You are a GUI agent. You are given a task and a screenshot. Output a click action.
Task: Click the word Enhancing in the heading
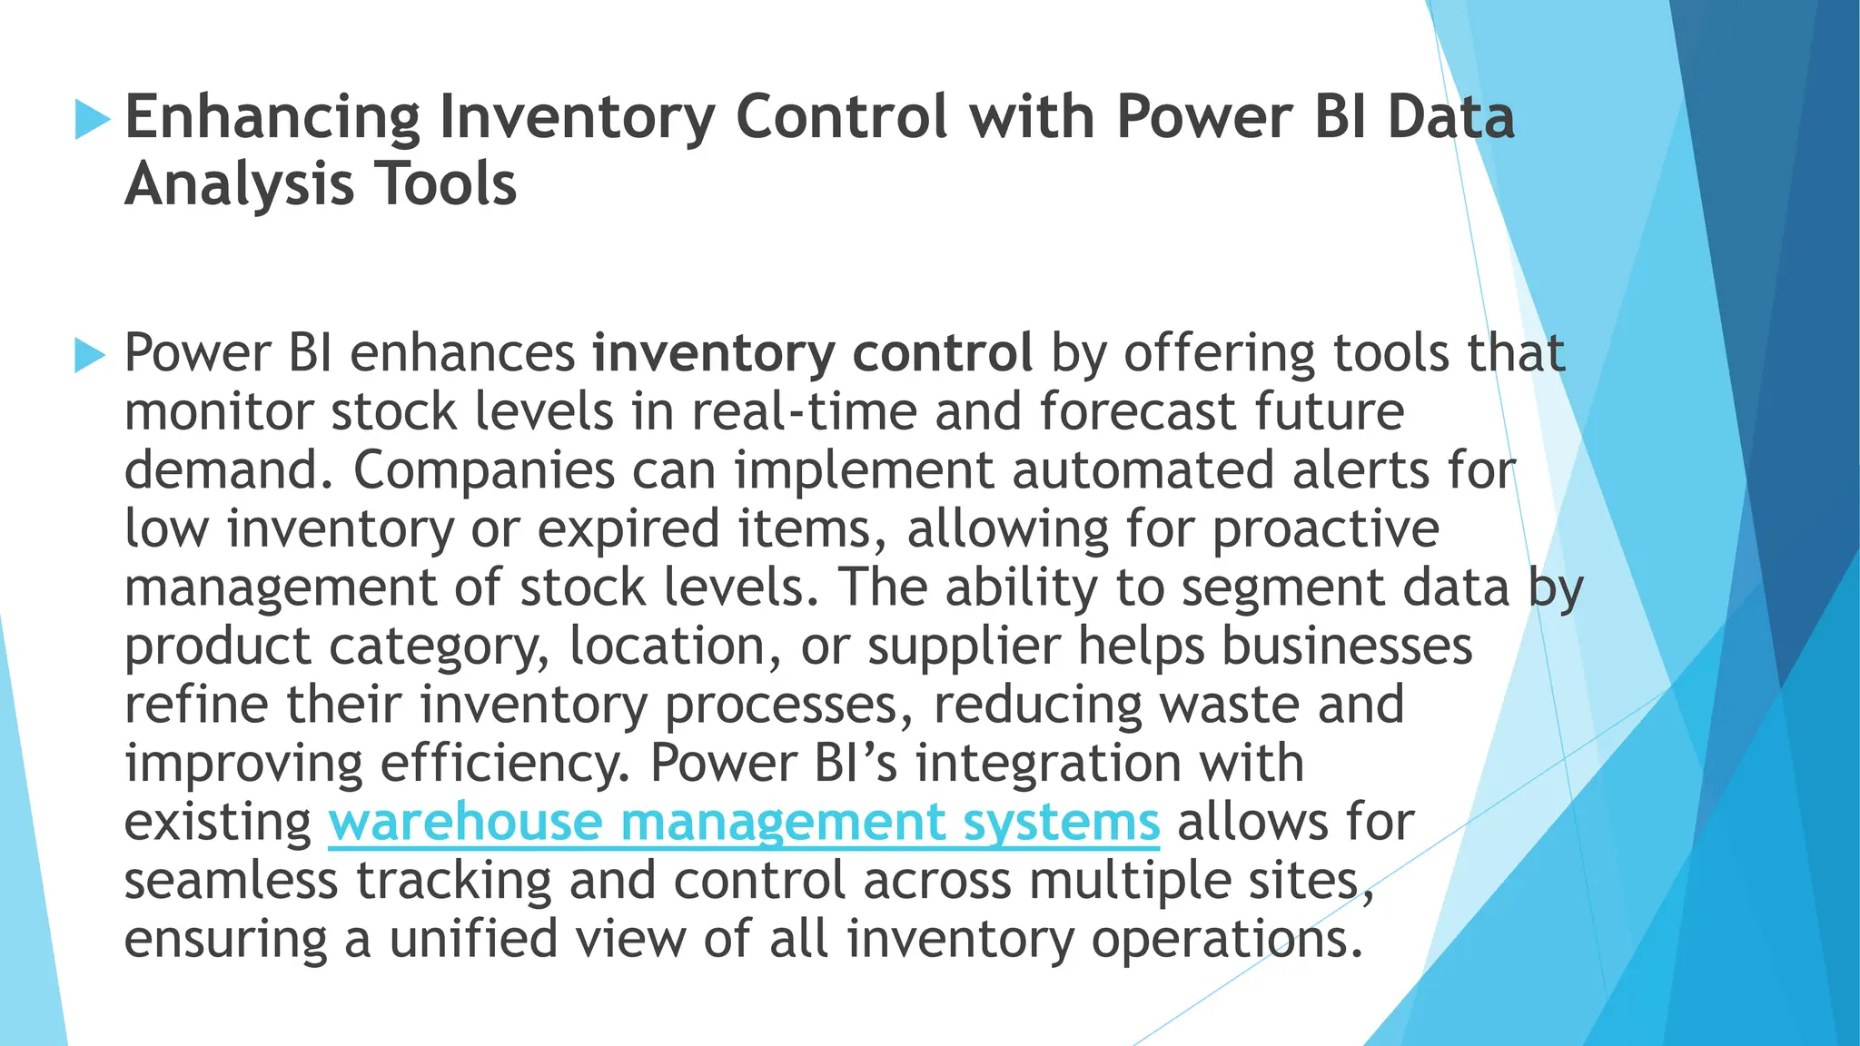[272, 118]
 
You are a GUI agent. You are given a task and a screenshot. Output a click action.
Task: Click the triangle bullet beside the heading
[92, 119]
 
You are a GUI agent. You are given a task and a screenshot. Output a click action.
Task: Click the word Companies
[484, 470]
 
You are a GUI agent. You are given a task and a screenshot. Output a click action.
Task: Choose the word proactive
[1326, 529]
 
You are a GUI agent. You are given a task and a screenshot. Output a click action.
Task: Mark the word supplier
[964, 646]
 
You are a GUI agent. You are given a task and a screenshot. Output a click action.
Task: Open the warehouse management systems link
[744, 822]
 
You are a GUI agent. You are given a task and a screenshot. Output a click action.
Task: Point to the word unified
[473, 939]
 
